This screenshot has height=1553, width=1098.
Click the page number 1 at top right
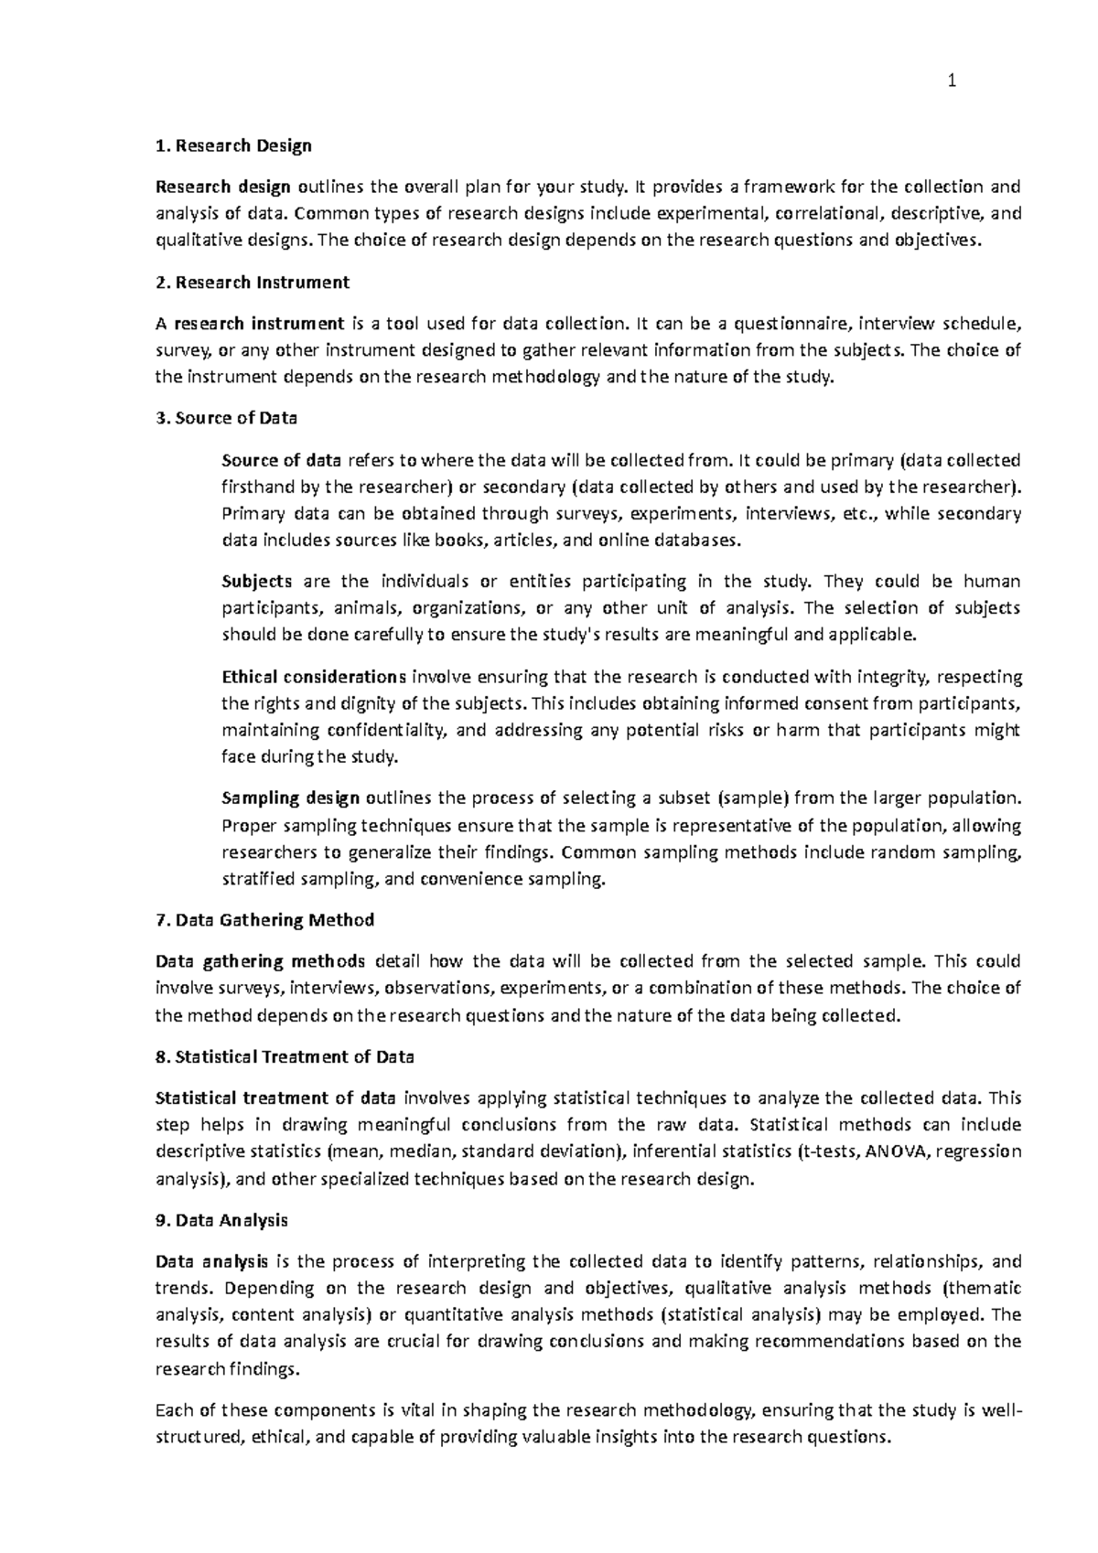(952, 82)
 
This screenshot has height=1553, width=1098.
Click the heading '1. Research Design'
(233, 146)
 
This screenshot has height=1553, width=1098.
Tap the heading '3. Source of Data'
(227, 419)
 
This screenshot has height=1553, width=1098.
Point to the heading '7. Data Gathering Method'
(265, 920)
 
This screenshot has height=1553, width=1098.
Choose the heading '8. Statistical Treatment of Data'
(285, 1057)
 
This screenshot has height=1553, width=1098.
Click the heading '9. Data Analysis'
(222, 1221)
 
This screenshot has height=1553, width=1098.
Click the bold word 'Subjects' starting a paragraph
(257, 582)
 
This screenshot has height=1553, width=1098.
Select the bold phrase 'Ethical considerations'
(314, 678)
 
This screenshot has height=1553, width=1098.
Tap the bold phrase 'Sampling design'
(291, 798)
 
